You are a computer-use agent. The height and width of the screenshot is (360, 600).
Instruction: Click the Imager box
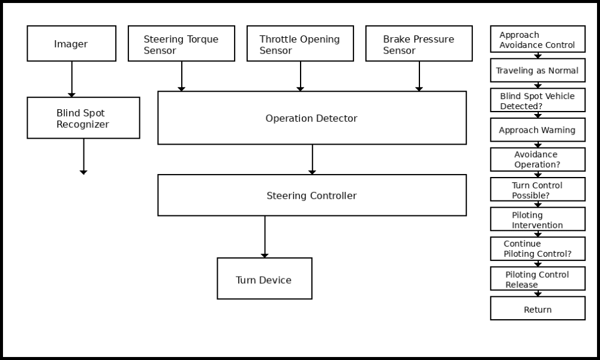71,44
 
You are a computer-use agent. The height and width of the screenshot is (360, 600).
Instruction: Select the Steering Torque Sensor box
181,44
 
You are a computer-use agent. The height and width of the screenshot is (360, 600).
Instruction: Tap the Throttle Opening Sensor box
300,44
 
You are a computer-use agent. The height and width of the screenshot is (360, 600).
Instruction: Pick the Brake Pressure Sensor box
419,44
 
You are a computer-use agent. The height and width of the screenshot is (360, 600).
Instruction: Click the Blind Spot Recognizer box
83,118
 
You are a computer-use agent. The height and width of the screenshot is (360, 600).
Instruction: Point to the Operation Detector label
311,119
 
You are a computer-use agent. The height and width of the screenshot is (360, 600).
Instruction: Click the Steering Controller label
311,196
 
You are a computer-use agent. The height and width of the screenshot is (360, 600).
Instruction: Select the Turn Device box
264,279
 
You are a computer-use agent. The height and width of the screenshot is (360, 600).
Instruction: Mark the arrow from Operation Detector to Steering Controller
312,160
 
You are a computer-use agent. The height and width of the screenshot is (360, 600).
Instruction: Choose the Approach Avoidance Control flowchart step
538,40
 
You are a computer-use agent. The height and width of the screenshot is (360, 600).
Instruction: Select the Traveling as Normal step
538,71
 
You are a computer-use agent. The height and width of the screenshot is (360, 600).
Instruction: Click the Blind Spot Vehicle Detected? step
538,101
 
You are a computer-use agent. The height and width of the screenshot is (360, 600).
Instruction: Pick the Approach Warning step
538,130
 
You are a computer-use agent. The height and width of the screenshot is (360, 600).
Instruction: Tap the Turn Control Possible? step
538,190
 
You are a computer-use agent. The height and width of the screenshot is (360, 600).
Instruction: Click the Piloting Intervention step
538,220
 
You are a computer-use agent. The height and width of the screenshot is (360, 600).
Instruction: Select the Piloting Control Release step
538,279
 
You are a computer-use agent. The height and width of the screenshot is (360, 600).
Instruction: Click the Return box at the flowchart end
538,309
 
